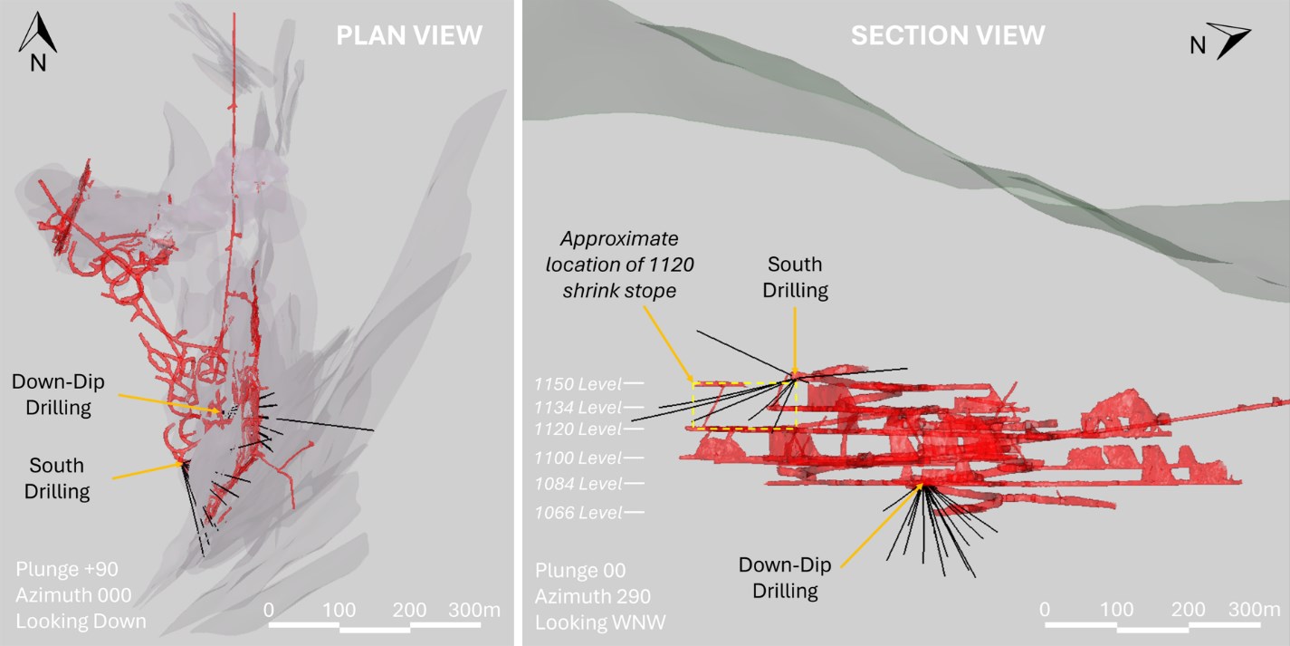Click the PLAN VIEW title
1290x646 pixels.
[409, 35]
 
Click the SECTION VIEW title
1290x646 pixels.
[948, 35]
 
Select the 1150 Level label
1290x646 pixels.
[578, 384]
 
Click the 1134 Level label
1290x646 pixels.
[578, 408]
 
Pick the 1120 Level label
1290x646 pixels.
[578, 429]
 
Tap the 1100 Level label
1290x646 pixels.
[578, 458]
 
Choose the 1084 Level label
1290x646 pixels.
[578, 484]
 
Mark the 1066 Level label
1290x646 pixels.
[578, 512]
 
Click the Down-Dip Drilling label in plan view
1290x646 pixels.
[58, 395]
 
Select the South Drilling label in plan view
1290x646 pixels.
[56, 478]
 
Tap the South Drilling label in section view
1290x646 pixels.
[795, 277]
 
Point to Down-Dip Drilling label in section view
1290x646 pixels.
[785, 578]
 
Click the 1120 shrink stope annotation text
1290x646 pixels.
[619, 265]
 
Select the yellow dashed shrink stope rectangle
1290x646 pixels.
[745, 406]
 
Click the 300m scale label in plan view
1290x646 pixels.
[474, 610]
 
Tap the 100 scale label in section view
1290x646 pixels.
[1116, 610]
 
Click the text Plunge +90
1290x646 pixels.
[67, 569]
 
